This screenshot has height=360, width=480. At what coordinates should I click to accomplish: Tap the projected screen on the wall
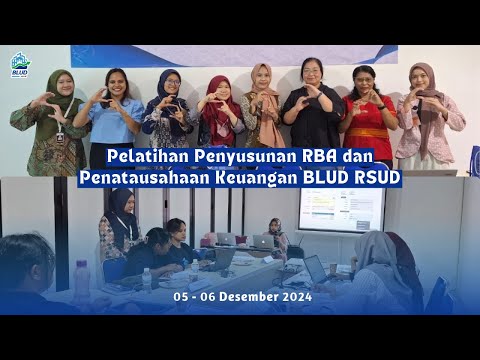(341, 208)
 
